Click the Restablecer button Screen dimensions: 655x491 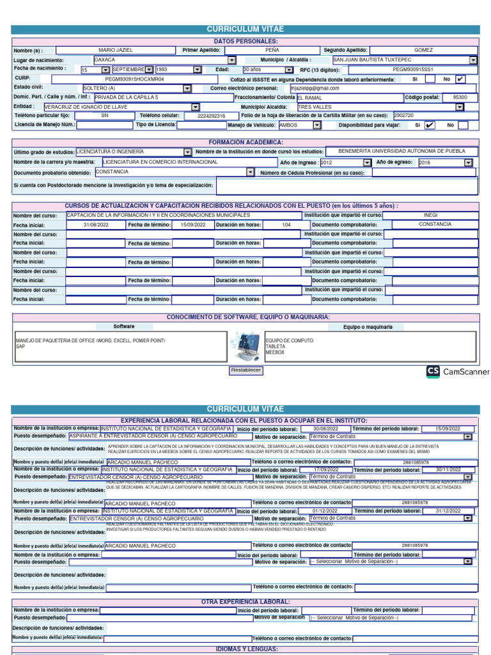pos(245,370)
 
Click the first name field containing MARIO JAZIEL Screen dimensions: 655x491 pos(116,49)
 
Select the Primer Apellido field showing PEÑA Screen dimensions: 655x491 pos(272,49)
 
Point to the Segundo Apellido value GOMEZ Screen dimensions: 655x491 pos(423,49)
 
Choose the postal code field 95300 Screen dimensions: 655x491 pos(460,97)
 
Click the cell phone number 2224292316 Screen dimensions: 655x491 pos(211,116)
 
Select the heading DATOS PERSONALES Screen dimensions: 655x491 pos(245,40)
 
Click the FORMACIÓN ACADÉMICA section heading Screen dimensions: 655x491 pos(245,142)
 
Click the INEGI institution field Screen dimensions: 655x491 pos(431,216)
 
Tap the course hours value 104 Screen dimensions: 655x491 pos(286,225)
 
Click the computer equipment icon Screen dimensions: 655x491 pos(245,346)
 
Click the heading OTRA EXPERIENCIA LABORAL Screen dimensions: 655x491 pos(245,602)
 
